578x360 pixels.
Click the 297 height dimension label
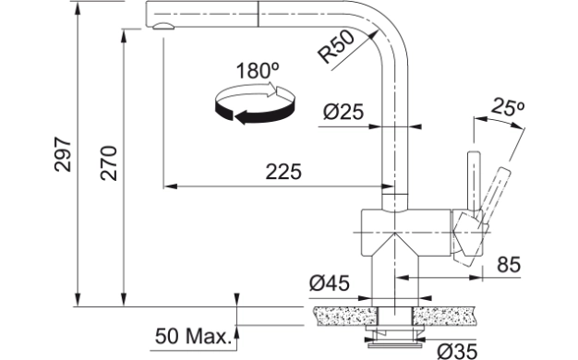pos(63,154)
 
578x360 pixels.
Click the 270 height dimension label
pos(109,163)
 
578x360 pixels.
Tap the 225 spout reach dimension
pos(283,172)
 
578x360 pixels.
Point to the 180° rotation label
pos(258,71)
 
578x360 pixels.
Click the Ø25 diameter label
pos(343,112)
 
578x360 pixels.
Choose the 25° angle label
pos(508,107)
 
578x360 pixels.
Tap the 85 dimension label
pos(509,264)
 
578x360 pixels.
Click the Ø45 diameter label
pos(330,283)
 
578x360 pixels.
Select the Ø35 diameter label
pos(457,351)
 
